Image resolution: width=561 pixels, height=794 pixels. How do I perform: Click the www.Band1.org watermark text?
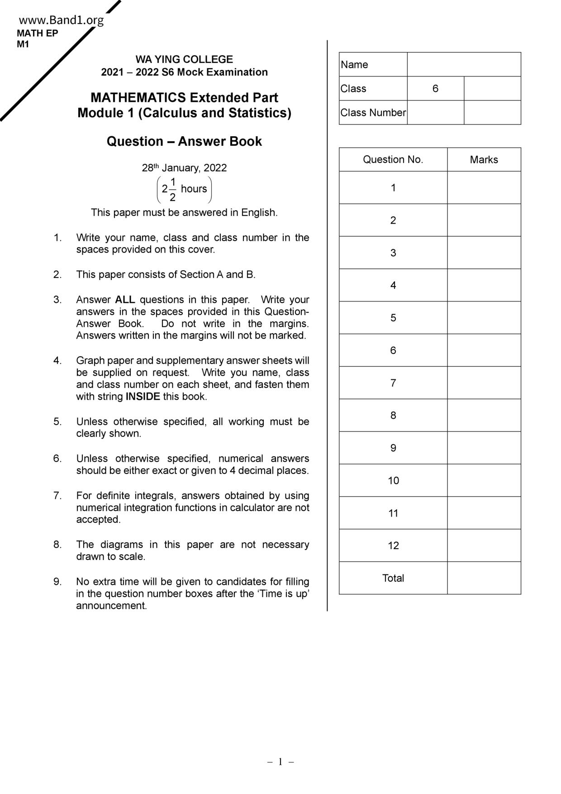coord(61,20)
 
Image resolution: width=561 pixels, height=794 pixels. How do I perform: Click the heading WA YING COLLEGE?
coord(184,59)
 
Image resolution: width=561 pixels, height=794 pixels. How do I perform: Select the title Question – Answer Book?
coord(184,141)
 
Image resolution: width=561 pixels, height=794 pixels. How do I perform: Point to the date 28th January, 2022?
coord(184,168)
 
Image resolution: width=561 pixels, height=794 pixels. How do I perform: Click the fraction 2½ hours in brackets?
coord(184,189)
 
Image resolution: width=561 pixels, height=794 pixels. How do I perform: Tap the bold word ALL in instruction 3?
coord(125,300)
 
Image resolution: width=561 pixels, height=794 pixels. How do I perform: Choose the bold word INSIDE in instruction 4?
coord(143,397)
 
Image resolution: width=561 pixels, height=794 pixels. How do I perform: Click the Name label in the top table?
coord(354,65)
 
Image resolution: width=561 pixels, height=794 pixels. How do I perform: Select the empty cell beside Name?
coord(464,64)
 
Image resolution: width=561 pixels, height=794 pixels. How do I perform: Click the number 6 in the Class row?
coord(435,88)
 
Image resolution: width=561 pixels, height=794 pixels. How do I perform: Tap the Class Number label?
coord(373,113)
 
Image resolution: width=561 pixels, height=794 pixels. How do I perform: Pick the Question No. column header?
coord(393,159)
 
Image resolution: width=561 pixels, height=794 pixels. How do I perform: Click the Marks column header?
coord(484,160)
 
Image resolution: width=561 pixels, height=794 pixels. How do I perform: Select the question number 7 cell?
coord(393,383)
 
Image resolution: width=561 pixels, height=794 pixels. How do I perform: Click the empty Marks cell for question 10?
coord(484,480)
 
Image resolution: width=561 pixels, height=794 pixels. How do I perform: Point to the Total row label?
coord(393,578)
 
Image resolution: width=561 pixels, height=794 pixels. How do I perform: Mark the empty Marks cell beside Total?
coord(484,578)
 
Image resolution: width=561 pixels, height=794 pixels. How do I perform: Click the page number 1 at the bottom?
coord(280,762)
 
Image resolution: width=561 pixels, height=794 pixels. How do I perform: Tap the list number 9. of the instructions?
coord(57,582)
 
